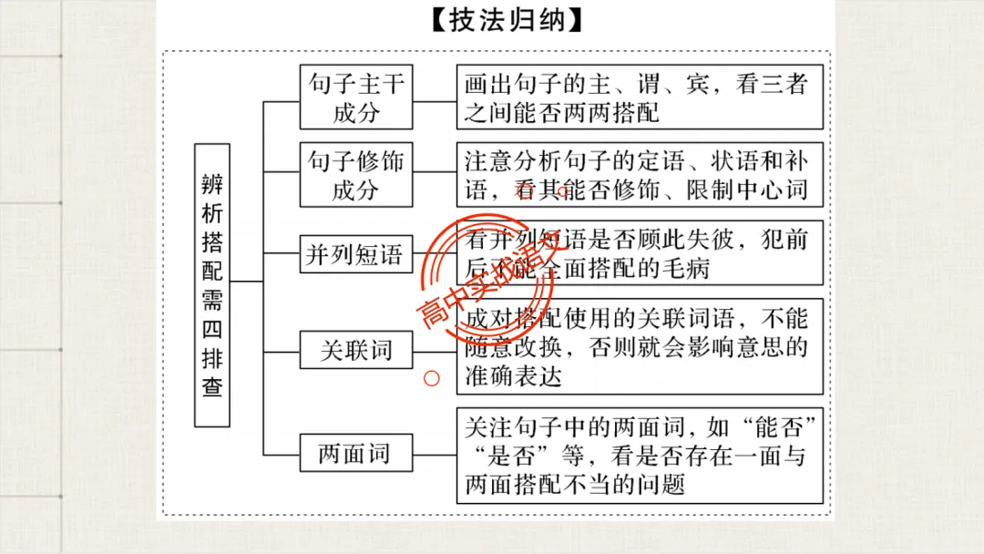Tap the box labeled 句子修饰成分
356,176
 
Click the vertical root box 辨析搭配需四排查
212,284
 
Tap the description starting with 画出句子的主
640,98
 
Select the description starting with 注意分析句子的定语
640,176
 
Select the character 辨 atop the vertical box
212,181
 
